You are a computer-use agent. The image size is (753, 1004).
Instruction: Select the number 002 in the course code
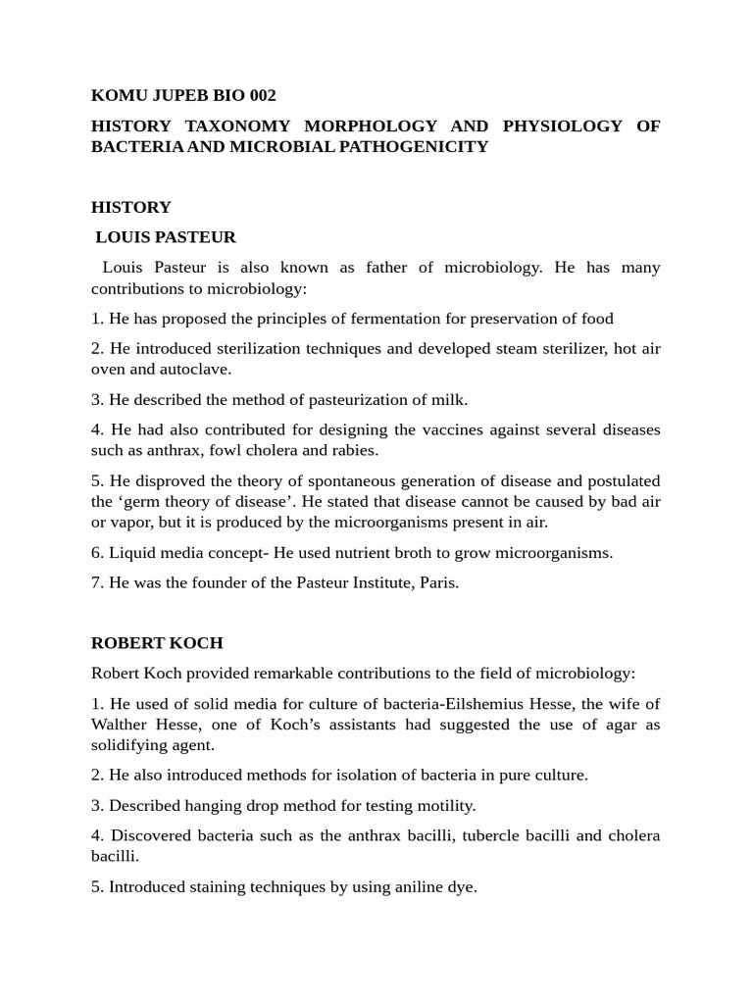click(258, 95)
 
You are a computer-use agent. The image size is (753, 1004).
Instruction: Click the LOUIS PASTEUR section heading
click(166, 237)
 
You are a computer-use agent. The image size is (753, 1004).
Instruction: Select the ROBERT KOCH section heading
click(157, 643)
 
